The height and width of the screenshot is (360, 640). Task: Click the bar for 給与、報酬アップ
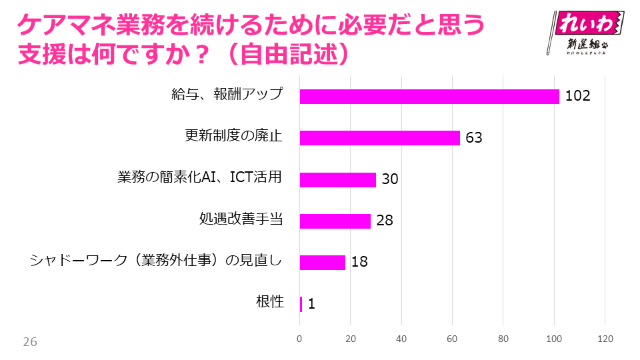pos(429,96)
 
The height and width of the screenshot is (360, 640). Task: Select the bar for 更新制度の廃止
pos(380,137)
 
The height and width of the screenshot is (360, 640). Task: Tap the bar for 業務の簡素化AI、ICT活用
pos(338,179)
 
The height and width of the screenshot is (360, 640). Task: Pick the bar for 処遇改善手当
pos(335,221)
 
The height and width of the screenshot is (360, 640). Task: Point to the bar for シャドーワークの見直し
pos(323,262)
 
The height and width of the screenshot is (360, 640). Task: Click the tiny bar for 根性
pos(301,304)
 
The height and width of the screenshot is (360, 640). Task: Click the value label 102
pos(578,96)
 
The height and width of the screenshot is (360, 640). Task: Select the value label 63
pos(473,138)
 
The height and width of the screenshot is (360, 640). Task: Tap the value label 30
pos(389,179)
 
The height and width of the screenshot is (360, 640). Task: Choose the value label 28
pos(385,221)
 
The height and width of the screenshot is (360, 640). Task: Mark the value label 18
pos(359,262)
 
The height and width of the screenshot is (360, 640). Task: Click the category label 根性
pos(270,301)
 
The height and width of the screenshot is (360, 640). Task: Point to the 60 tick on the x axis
pos(453,339)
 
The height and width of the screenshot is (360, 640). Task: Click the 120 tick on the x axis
pos(605,339)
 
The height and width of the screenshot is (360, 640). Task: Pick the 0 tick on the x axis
pos(300,339)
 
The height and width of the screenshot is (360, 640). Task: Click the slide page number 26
pos(30,342)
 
